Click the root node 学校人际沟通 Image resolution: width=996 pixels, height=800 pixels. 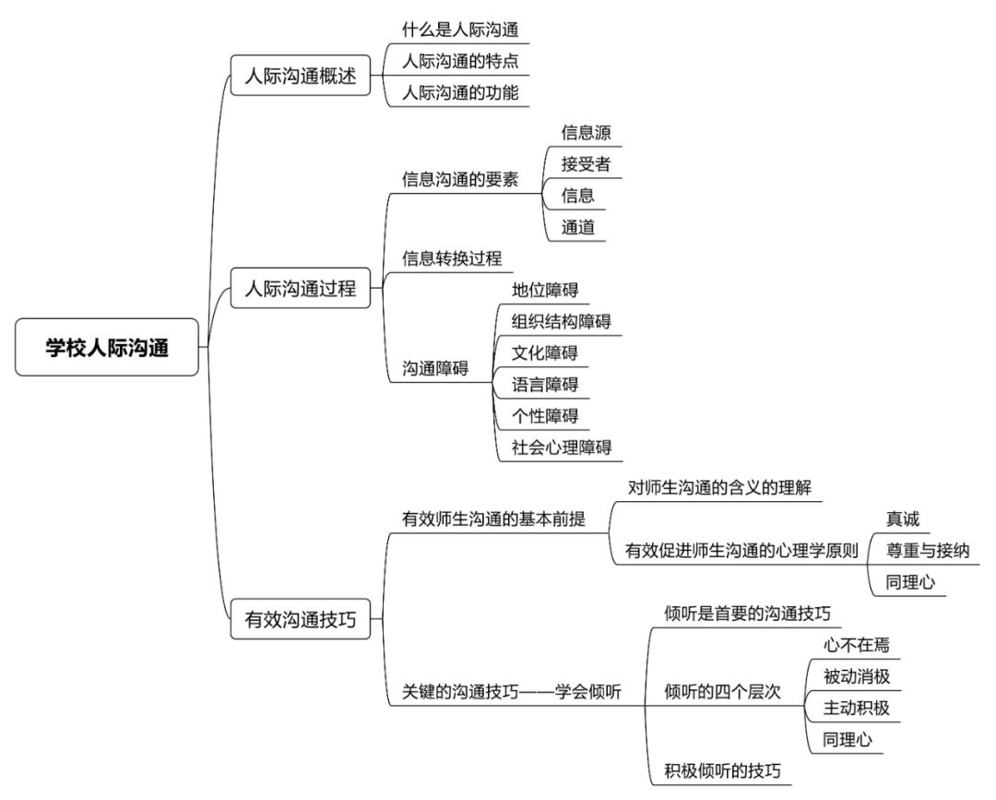coord(107,347)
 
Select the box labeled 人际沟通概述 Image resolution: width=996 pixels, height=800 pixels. coord(301,76)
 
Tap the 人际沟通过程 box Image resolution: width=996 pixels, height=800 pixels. coord(301,289)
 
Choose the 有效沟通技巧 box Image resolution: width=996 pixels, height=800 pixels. coord(301,619)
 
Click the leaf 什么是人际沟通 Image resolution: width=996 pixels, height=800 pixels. coord(460,30)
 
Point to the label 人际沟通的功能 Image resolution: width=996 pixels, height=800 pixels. coord(460,93)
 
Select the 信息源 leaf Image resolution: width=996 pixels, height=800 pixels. coord(586,133)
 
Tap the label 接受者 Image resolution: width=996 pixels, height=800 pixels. coord(586,164)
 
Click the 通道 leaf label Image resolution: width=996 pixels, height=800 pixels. coord(577,227)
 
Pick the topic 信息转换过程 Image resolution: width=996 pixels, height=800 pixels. coord(452,258)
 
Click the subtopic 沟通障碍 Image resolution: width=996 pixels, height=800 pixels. coord(435,368)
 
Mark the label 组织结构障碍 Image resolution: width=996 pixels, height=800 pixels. coord(561,321)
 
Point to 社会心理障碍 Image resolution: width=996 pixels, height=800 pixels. coord(561,448)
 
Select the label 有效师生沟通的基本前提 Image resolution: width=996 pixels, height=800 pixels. coord(493,519)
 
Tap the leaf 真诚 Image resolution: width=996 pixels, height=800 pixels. coord(903,519)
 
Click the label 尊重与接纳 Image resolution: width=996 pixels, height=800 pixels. coord(928,550)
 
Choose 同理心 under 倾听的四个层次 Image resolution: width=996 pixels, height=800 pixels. coord(848,739)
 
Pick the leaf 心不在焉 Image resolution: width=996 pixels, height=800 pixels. coord(856,645)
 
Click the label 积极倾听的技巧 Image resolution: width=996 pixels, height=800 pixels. coord(722,770)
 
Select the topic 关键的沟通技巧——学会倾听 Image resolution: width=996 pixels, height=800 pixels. coord(511,691)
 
